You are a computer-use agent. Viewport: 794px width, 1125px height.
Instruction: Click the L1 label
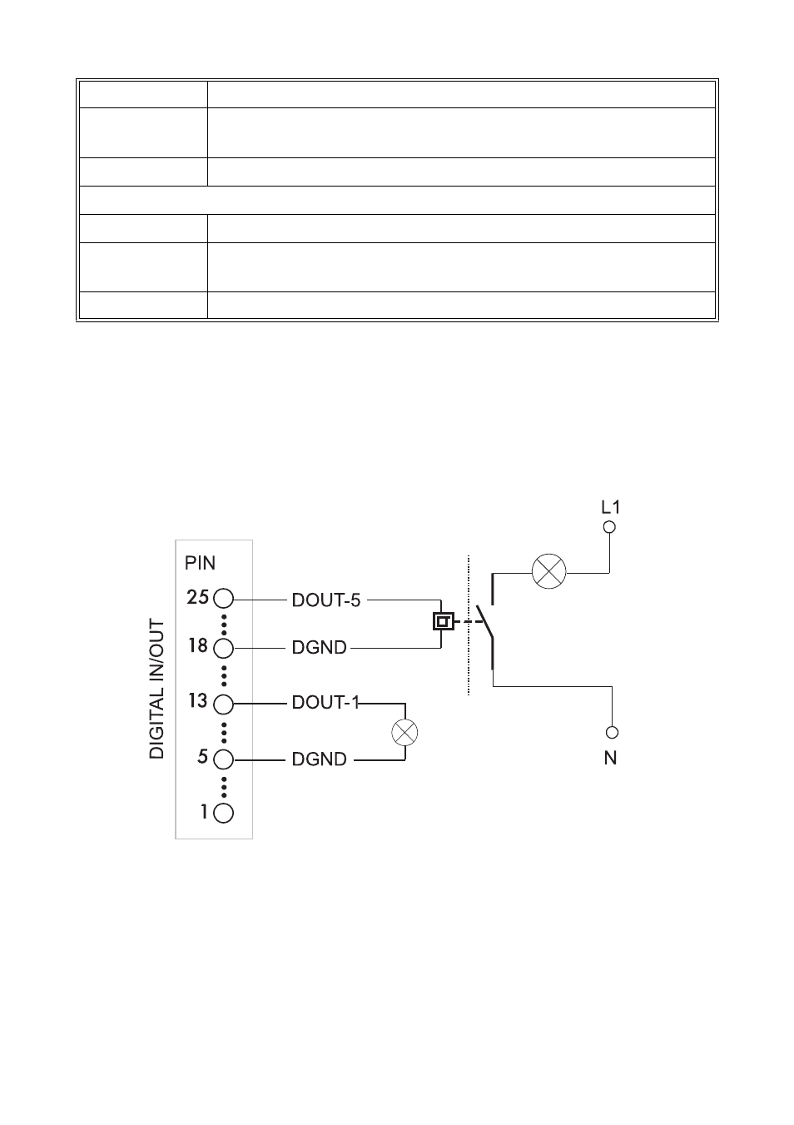(611, 506)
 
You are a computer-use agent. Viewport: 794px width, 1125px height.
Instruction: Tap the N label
(611, 758)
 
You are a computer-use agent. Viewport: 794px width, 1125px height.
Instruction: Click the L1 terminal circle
(609, 527)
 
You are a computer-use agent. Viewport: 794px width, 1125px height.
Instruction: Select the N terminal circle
(612, 733)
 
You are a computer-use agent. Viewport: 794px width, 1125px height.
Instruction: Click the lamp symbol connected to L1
(549, 572)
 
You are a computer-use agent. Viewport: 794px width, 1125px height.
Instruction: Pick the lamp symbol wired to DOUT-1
(405, 733)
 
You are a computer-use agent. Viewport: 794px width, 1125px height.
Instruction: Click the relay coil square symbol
(444, 620)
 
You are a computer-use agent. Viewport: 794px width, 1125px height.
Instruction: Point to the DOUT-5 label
(326, 600)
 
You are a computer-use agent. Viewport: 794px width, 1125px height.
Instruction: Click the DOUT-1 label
(325, 703)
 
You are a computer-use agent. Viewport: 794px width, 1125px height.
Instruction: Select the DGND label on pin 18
(319, 648)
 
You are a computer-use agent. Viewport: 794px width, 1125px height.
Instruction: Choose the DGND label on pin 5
(319, 759)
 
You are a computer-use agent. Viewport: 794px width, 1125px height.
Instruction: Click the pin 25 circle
(223, 599)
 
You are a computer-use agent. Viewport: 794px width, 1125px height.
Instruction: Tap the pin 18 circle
(223, 648)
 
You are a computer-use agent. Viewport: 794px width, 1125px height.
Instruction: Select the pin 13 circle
(223, 704)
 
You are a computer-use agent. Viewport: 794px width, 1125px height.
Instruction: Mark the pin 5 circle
(223, 759)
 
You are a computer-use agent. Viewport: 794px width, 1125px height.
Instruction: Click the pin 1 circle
(223, 813)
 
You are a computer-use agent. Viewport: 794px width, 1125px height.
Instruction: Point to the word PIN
(200, 564)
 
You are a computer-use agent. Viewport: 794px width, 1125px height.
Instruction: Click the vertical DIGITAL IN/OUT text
(157, 689)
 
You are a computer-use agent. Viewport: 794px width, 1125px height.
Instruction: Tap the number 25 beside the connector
(198, 597)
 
